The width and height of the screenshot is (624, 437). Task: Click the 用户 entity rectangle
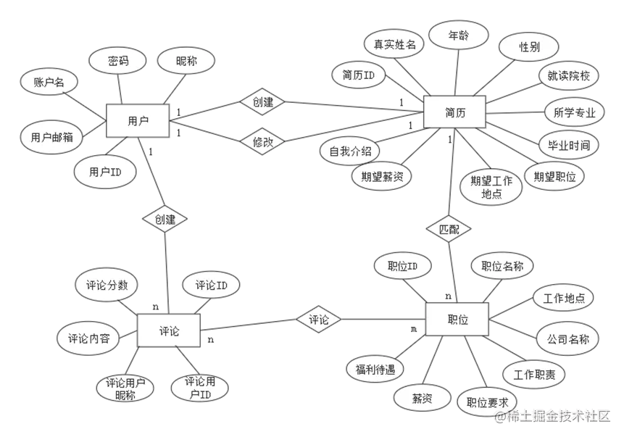[138, 121]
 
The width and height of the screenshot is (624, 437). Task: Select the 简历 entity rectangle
[454, 113]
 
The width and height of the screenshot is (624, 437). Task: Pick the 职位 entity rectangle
[457, 320]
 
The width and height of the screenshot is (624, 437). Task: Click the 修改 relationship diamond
[262, 142]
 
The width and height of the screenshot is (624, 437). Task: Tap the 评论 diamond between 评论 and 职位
[319, 320]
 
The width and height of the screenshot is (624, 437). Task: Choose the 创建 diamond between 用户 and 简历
[262, 102]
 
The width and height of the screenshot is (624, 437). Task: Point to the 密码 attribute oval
[118, 62]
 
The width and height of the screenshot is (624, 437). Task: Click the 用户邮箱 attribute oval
[51, 137]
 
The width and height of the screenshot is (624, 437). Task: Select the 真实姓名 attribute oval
[394, 44]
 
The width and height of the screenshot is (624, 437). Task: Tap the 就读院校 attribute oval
[564, 75]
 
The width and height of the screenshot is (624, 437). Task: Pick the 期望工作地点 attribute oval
[491, 187]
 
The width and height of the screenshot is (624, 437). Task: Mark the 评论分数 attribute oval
[107, 285]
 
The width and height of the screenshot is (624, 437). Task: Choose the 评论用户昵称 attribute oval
[125, 388]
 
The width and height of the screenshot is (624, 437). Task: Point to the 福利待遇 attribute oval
[375, 369]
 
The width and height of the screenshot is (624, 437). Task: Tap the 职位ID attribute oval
[403, 266]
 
